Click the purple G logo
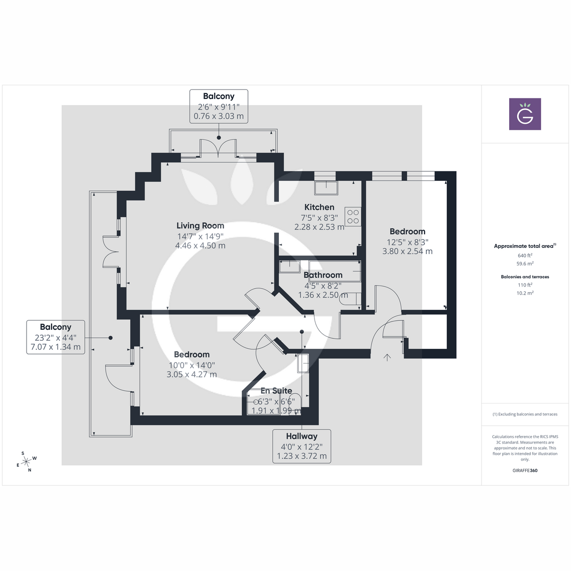click(525, 114)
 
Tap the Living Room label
click(200, 226)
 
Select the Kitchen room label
click(319, 207)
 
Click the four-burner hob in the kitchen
click(353, 217)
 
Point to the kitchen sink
click(326, 188)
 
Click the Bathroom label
click(323, 275)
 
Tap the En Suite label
click(276, 391)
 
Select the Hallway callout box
click(302, 446)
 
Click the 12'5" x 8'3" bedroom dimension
click(407, 242)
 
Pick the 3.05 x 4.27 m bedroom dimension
click(192, 374)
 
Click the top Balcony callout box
click(218, 106)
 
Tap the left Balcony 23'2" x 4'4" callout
click(56, 337)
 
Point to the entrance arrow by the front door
click(387, 357)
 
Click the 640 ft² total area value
click(525, 256)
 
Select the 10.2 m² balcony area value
click(525, 293)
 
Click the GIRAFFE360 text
click(525, 471)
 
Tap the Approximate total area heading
click(524, 246)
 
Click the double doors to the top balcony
click(218, 148)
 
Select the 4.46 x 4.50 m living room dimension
click(200, 246)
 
